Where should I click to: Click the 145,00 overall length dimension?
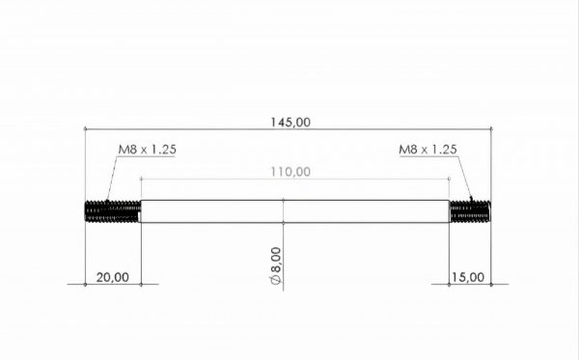290,123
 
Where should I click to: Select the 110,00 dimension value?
290,172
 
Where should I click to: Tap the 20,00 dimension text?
113,277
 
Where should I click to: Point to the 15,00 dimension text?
468,277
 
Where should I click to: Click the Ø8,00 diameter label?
276,265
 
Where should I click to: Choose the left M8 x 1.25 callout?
147,150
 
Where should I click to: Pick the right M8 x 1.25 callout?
427,150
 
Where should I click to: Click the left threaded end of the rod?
113,211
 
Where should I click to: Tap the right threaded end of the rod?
470,211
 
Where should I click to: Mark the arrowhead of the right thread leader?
471,199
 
